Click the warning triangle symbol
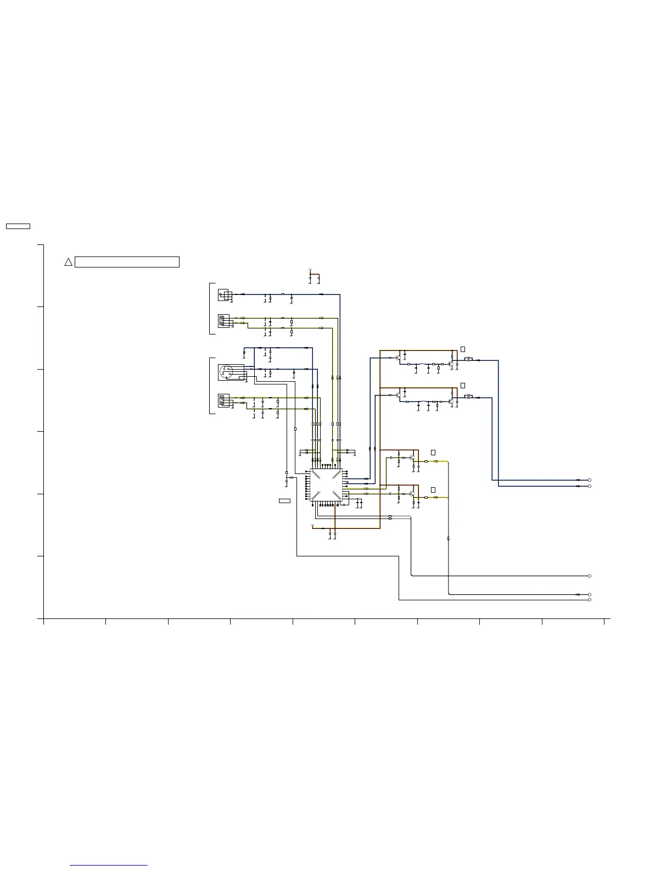point(68,262)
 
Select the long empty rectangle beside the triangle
point(127,262)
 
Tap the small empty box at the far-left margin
point(18,226)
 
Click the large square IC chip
point(326,485)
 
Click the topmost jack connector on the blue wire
point(223,295)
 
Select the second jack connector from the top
point(223,320)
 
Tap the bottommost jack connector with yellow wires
point(223,400)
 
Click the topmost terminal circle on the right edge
point(590,480)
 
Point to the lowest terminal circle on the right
point(590,600)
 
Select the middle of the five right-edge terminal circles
point(590,576)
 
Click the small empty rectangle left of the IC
point(284,501)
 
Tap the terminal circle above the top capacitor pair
point(310,270)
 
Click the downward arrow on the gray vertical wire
point(449,539)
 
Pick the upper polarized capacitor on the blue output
point(468,360)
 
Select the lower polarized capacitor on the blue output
point(468,397)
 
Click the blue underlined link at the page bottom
point(109,865)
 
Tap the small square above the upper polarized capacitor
point(462,349)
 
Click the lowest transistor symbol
point(412,494)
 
